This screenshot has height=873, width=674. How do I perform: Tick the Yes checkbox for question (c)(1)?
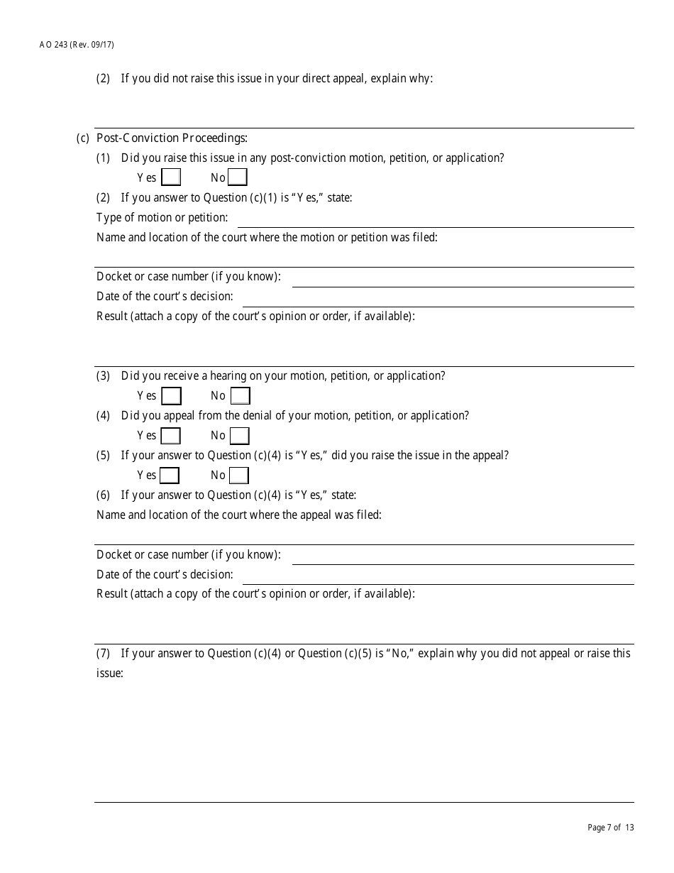pos(171,177)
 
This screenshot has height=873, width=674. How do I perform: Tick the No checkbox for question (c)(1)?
pos(238,177)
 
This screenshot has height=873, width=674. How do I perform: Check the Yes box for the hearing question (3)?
pos(171,396)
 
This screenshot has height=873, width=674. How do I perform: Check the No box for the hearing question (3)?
pos(241,396)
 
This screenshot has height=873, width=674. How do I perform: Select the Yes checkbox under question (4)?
pos(170,436)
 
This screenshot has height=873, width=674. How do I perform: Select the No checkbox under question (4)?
pos(240,436)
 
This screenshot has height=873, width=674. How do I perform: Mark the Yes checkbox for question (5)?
pos(170,476)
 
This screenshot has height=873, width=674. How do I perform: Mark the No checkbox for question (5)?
pos(239,476)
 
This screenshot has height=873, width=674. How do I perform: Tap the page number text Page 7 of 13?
pos(611,828)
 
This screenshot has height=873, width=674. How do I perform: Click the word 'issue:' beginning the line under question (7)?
pos(110,673)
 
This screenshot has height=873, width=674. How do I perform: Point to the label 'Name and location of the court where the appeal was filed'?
pos(238,515)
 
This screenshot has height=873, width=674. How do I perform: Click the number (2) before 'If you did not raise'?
pos(104,79)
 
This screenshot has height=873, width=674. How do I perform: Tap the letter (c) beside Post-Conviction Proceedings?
pos(83,138)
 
